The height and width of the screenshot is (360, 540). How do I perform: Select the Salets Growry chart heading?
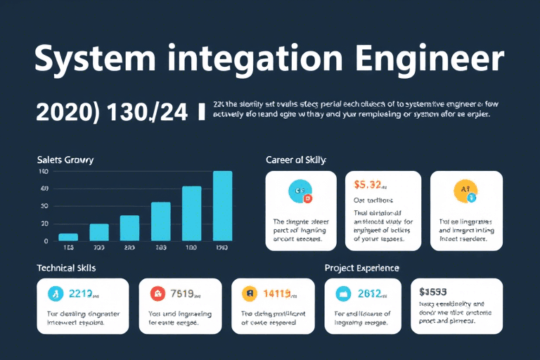[x=65, y=160]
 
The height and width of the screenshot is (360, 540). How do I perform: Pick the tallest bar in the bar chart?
[x=222, y=205]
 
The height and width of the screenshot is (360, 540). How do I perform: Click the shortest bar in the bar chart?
[x=68, y=237]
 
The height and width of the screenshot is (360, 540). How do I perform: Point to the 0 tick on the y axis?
[x=45, y=241]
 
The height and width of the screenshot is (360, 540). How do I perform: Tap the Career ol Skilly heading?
[x=296, y=160]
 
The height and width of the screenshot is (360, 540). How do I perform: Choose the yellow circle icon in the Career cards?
[x=466, y=191]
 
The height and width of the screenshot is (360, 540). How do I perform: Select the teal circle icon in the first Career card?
[x=300, y=191]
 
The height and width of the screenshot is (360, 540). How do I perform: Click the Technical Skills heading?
[x=66, y=269]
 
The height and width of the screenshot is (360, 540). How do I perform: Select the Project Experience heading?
[x=362, y=269]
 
